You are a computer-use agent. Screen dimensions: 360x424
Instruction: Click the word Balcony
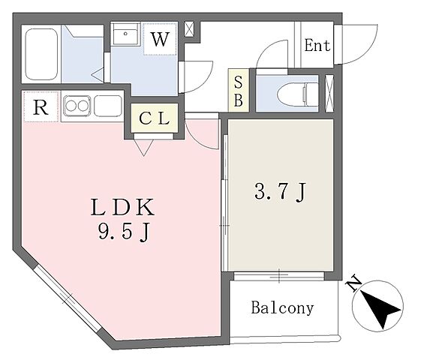coord(282,308)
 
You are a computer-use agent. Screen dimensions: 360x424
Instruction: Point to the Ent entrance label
coord(317,44)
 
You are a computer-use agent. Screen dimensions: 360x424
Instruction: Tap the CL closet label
coord(155,118)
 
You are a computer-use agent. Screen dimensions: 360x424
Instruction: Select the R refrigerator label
coord(41,107)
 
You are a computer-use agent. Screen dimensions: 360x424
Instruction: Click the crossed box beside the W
coord(188,30)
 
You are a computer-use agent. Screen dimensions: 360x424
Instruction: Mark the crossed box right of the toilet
coord(329,93)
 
